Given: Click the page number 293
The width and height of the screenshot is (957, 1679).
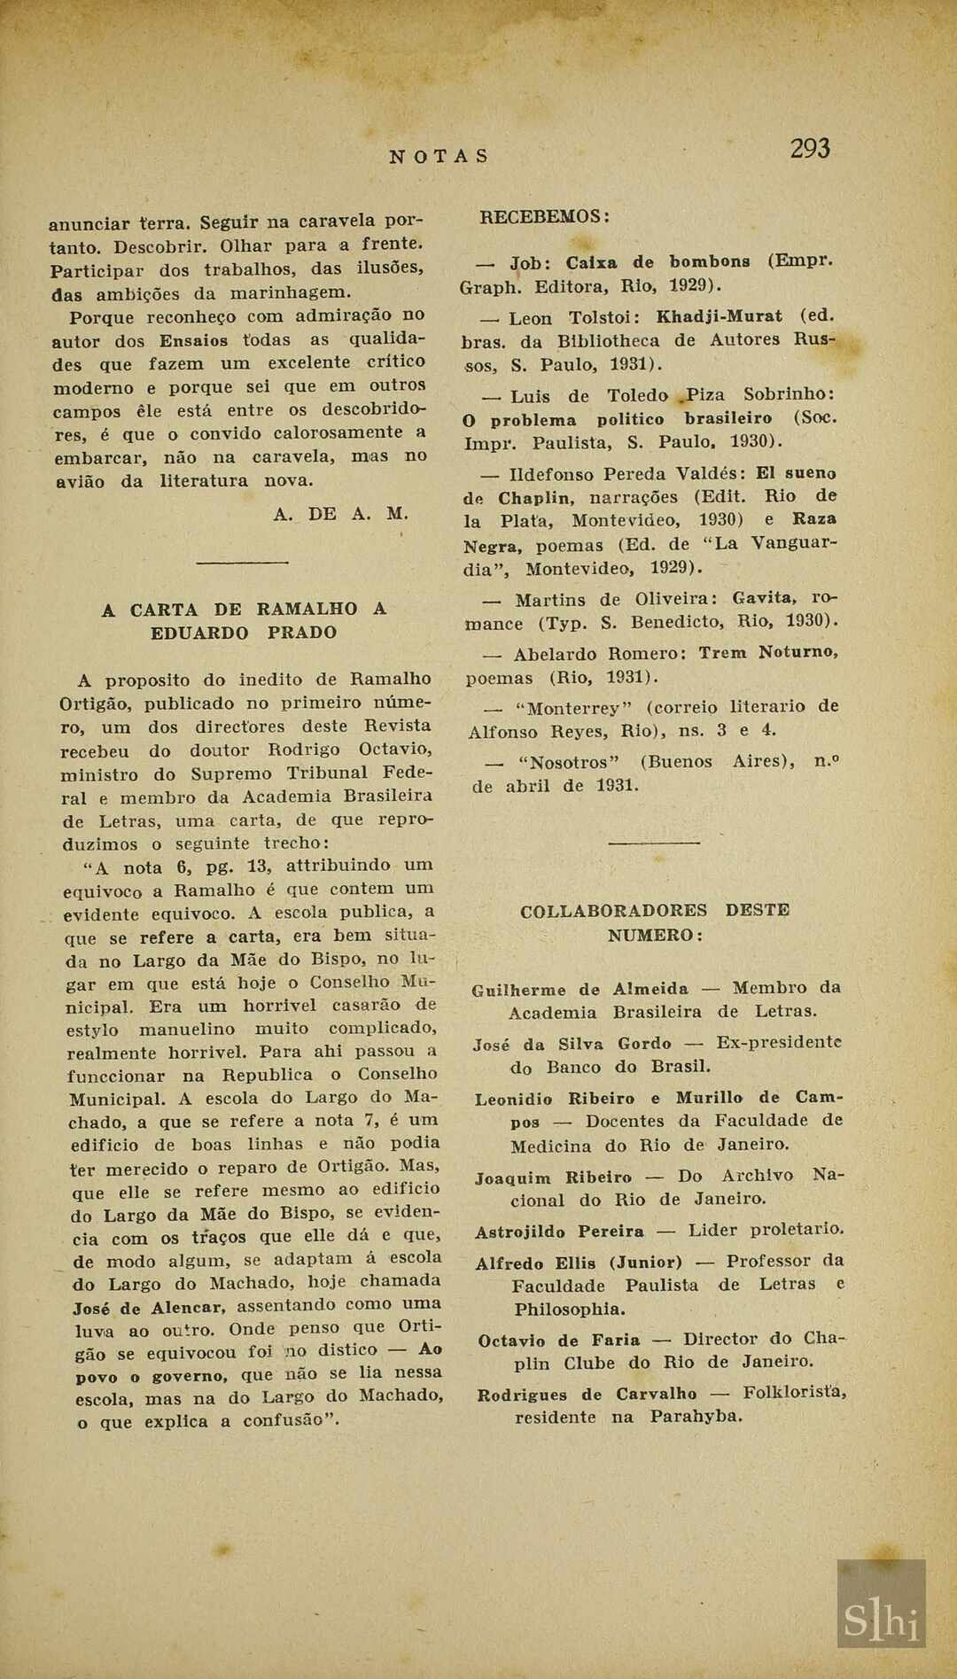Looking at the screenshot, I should click(810, 148).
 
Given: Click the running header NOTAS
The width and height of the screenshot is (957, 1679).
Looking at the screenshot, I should click(440, 157).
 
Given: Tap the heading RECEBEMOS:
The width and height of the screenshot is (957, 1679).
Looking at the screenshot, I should click(544, 217).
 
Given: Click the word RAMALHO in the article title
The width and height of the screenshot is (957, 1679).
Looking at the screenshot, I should click(307, 610).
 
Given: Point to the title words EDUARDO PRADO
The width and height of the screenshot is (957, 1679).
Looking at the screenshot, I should click(244, 634).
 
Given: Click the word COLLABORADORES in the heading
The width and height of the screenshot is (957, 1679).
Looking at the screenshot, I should click(613, 911).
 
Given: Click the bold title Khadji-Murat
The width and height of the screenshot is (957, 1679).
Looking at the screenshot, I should click(719, 316).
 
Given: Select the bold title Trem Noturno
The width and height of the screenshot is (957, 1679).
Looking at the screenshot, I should click(767, 653).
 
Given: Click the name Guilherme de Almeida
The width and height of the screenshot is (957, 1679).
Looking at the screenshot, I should click(580, 990).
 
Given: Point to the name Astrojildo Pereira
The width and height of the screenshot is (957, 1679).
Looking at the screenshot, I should click(559, 1232).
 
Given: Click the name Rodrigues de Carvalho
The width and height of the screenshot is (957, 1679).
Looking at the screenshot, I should click(587, 1395).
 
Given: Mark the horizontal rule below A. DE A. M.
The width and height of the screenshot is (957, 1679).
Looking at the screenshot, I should click(242, 562).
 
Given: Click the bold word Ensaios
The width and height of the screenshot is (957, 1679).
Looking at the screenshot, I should click(193, 341).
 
